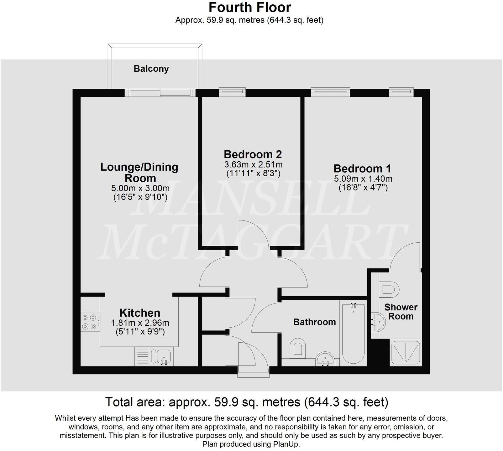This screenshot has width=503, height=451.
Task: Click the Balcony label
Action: [x=151, y=69]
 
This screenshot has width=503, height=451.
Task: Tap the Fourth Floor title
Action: [x=250, y=7]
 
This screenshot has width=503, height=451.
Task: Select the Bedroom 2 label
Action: [x=253, y=154]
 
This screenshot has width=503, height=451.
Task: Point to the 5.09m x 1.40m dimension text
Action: [x=363, y=179]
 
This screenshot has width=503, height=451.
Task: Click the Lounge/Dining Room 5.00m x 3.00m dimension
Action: [x=140, y=188]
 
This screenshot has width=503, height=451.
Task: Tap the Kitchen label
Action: [x=140, y=313]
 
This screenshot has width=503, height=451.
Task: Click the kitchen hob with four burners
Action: [x=90, y=322]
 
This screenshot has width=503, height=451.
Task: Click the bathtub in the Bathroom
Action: [x=353, y=334]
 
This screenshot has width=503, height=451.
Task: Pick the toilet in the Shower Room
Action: [x=389, y=289]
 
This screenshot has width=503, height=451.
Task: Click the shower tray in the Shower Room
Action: [x=405, y=353]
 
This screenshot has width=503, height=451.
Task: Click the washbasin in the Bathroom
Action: [x=326, y=359]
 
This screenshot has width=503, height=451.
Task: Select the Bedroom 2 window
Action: [x=232, y=91]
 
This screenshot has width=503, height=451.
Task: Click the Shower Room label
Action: [x=401, y=312]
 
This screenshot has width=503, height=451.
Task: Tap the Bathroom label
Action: [x=314, y=322]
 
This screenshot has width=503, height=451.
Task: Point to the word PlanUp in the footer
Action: [x=286, y=444]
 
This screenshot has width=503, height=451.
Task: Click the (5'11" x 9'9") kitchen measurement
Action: [x=140, y=331]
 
